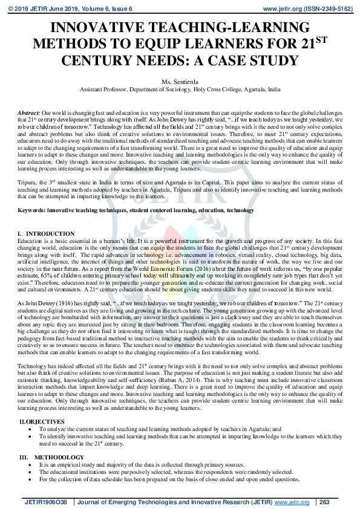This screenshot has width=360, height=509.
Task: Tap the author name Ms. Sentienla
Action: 180,81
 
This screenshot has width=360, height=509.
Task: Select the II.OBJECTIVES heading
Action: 42,421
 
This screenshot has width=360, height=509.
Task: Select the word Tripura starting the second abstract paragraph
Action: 27,183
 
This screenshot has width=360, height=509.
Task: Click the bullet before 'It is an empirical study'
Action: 31,465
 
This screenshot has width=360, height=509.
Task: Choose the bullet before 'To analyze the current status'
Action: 31,428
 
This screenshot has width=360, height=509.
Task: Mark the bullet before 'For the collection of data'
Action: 31,479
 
